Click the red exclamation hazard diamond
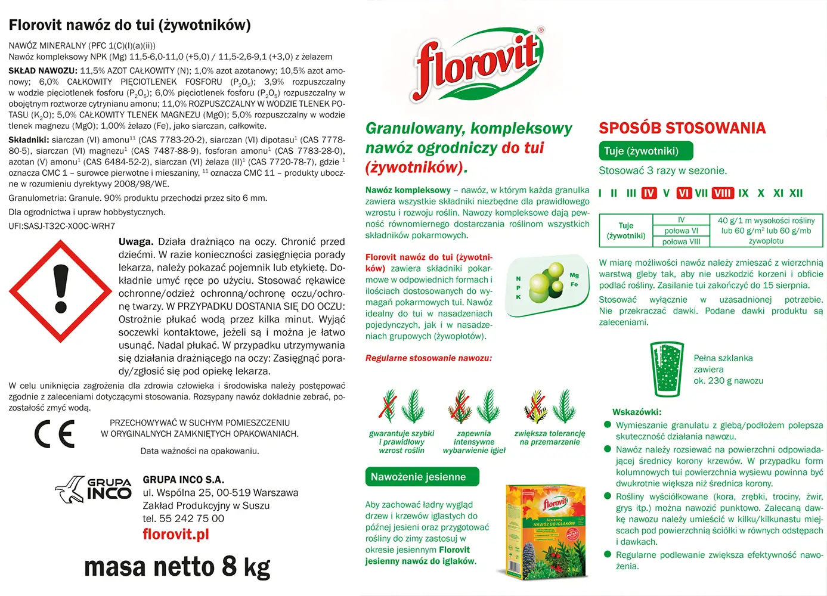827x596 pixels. click(60, 291)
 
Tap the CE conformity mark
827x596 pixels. click(54, 434)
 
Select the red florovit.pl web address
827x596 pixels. click(176, 534)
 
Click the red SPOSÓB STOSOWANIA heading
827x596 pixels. click(682, 128)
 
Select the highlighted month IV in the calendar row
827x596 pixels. click(649, 193)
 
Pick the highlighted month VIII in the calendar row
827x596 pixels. click(722, 193)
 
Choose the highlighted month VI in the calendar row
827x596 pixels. click(684, 193)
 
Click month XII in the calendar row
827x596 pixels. click(796, 193)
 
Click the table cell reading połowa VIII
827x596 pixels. click(681, 241)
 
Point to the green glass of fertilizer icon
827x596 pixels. click(667, 369)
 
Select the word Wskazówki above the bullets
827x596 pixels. click(637, 412)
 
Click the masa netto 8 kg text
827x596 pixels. click(177, 567)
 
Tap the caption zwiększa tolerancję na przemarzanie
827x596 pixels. click(550, 438)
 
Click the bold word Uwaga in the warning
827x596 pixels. click(135, 241)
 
